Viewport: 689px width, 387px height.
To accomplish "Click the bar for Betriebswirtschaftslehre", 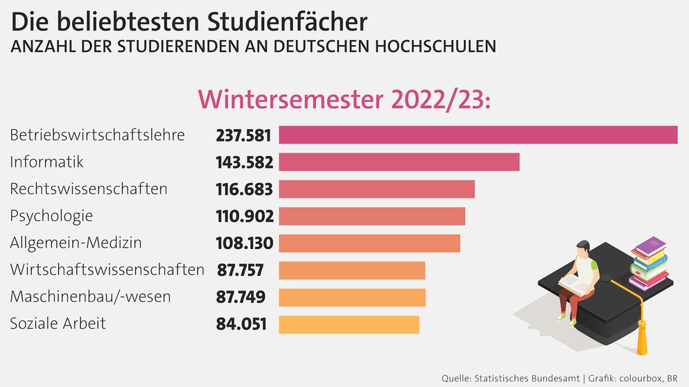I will point(478,135).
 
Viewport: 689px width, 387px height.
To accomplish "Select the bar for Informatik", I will point(399,162).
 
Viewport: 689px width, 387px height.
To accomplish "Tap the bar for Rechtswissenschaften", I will point(376,189).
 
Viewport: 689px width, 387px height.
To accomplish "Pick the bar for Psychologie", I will point(372,216).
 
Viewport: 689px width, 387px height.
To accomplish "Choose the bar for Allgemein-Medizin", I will point(369,243).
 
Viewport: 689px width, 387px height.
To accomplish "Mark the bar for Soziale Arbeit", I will point(349,324).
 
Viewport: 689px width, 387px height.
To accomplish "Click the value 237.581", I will point(243,135).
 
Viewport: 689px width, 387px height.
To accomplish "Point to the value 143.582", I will point(243,162).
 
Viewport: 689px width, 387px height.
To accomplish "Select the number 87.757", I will point(240,270).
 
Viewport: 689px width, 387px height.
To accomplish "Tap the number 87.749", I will point(240,297).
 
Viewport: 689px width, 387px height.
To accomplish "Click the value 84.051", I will point(241,324).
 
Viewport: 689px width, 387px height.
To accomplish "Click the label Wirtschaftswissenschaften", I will point(107,270).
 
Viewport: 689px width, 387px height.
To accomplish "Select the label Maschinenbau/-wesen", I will point(90,297).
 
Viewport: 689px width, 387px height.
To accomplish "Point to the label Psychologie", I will point(51,216).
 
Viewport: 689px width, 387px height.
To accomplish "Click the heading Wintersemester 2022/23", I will point(344,98).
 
